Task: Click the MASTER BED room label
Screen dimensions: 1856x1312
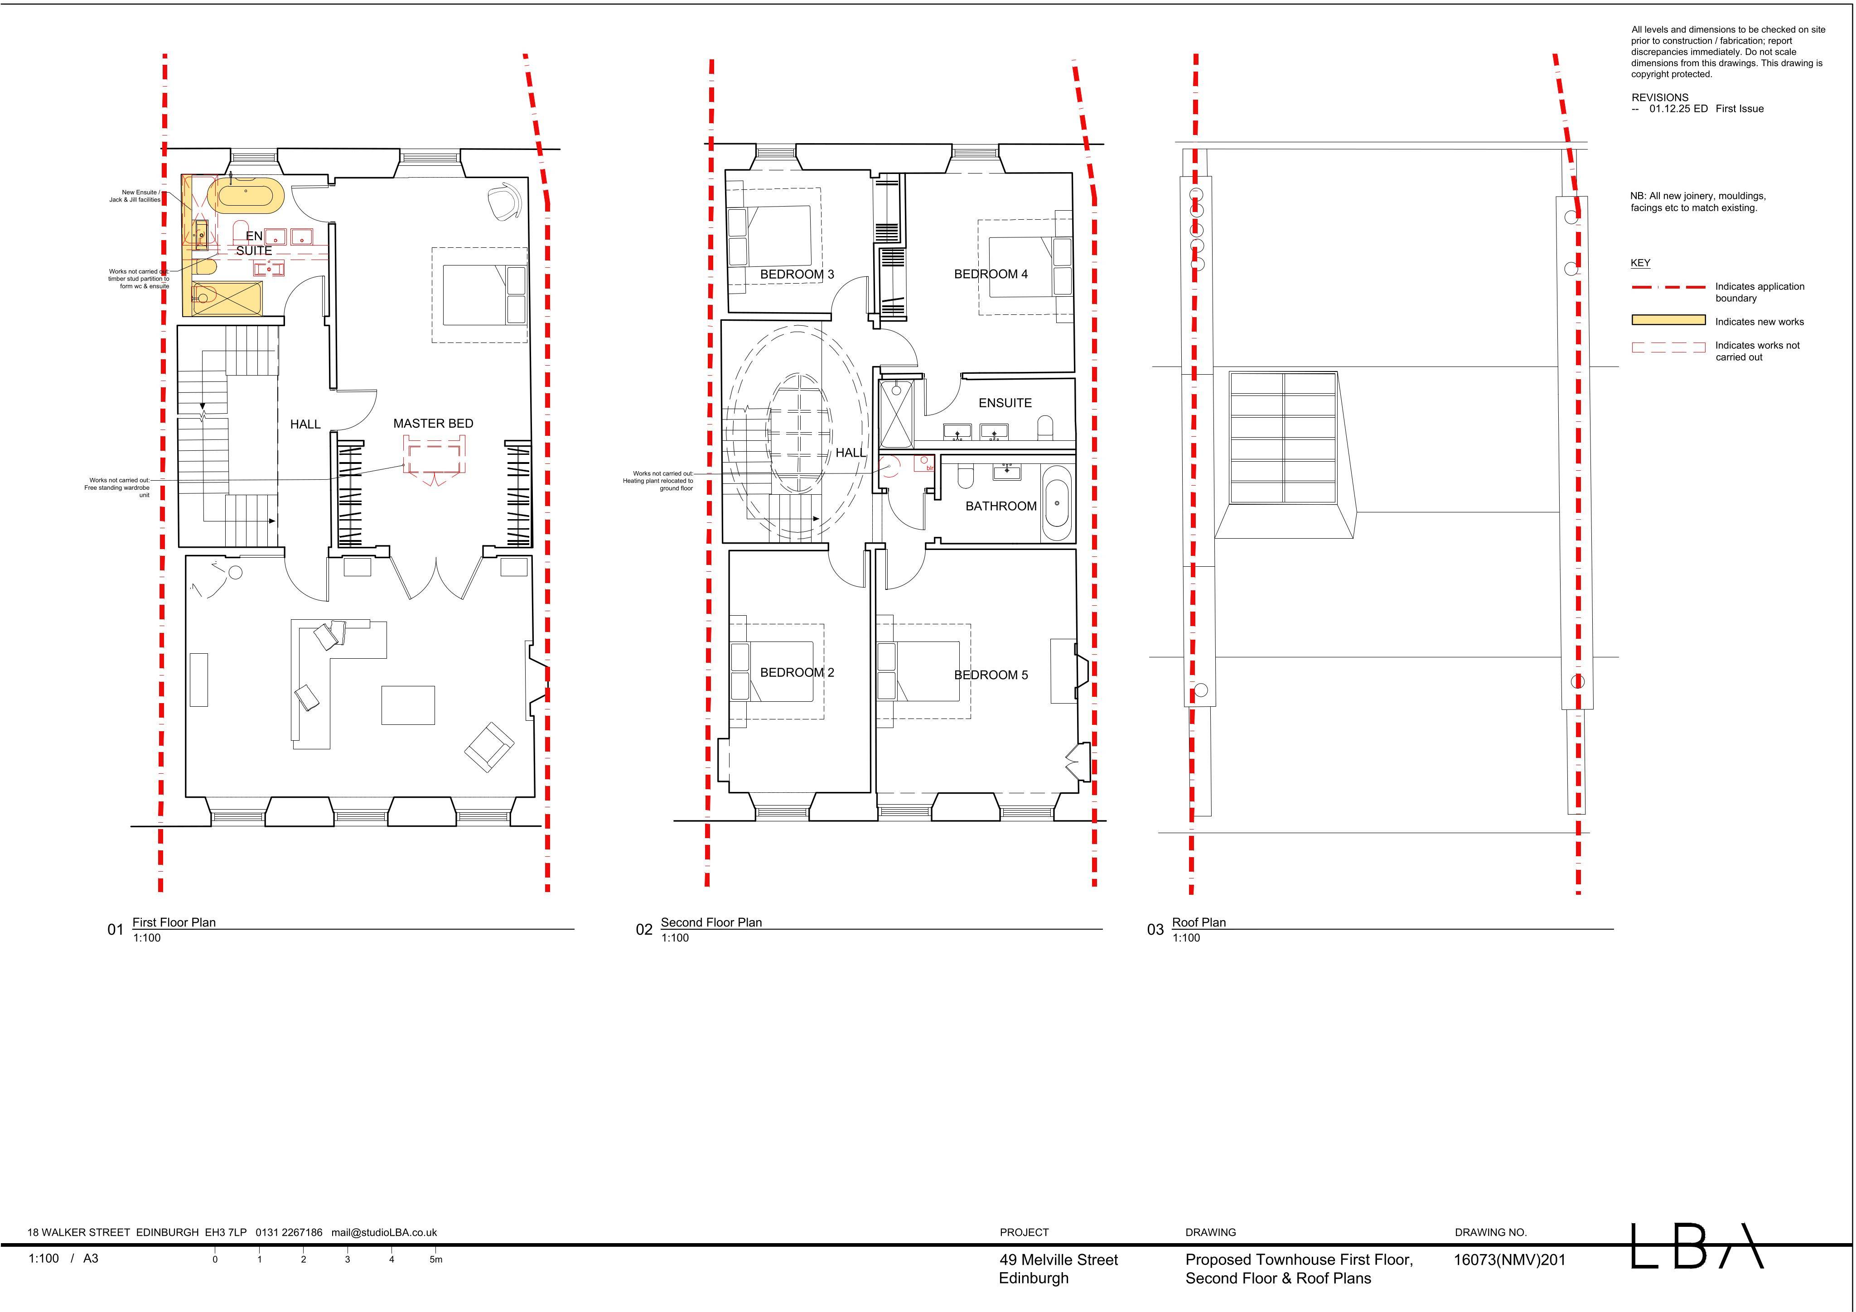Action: point(433,424)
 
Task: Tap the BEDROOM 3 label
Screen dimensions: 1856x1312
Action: point(797,274)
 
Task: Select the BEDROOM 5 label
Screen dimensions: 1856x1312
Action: point(991,675)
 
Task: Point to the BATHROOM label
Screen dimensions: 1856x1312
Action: point(1001,506)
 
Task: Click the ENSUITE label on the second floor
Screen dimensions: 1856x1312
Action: point(1005,403)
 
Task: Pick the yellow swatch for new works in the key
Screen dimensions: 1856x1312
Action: point(1668,321)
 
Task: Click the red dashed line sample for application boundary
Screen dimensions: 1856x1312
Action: point(1668,287)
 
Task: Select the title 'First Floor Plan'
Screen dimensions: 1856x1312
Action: point(174,922)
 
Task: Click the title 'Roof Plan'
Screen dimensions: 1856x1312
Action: point(1199,922)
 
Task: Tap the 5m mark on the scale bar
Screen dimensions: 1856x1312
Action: point(436,1259)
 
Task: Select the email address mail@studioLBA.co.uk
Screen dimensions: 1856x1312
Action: point(384,1233)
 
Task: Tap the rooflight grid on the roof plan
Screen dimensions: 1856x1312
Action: point(1283,437)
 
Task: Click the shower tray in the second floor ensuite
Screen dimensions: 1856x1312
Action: point(896,415)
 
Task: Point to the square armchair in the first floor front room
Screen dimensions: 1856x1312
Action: point(489,746)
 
